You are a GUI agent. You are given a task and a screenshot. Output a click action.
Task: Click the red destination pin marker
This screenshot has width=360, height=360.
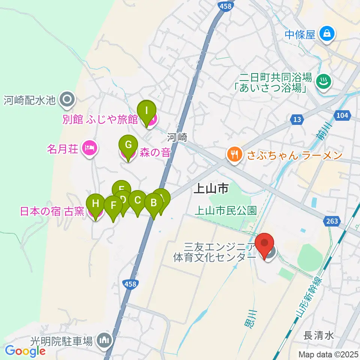pos(265,244)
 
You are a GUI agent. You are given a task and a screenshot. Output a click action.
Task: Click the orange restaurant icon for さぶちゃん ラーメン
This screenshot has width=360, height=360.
pos(234,154)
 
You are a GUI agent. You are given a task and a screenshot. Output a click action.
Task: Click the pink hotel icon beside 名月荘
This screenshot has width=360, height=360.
pos(89,149)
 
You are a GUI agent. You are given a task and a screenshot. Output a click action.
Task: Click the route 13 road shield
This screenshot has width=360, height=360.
pos(297,119)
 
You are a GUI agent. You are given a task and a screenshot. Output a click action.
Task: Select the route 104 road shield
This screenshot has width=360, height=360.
pos(342,116)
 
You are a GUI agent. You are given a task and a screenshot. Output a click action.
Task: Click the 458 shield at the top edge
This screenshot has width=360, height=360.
pos(226,5)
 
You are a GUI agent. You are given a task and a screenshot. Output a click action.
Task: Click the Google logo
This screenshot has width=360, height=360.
pos(25,351)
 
